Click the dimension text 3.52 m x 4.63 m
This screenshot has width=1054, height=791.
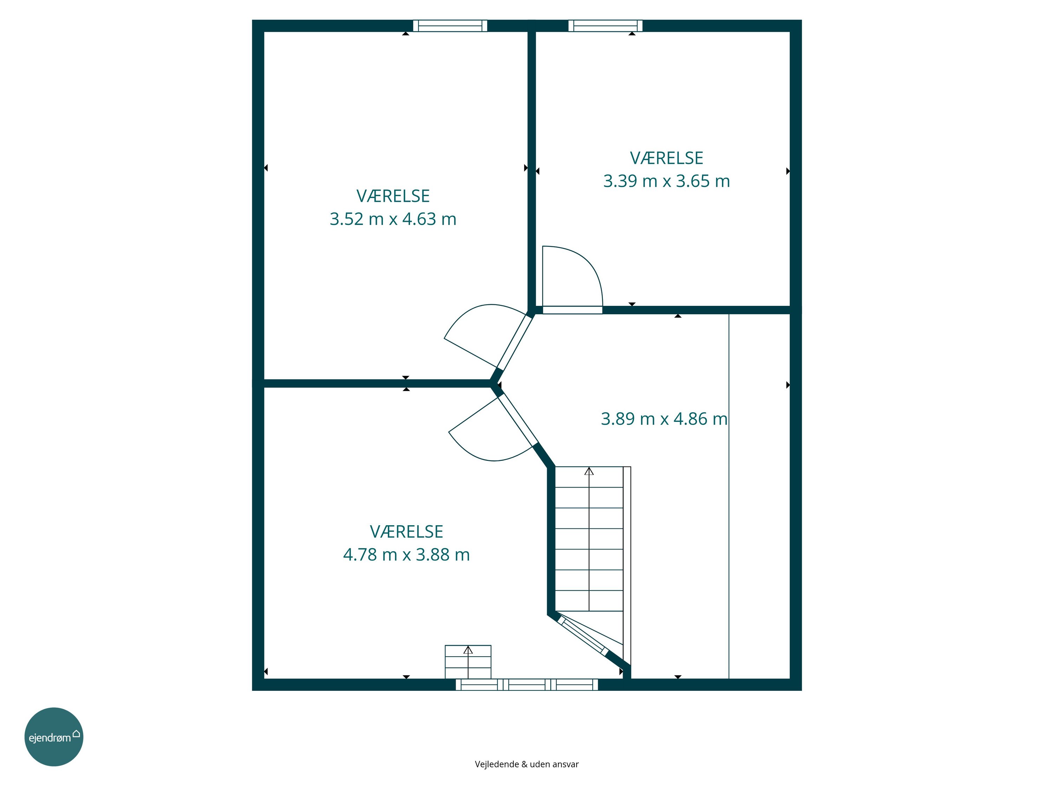tap(393, 219)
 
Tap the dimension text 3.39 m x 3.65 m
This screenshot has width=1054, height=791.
tap(666, 181)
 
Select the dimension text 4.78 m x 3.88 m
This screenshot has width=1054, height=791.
tap(406, 554)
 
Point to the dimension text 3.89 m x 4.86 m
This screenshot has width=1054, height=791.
tap(664, 419)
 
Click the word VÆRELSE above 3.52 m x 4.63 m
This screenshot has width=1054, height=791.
tap(393, 196)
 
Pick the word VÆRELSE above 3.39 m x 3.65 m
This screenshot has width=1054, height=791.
tap(666, 158)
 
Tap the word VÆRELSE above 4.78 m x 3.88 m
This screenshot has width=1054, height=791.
tap(406, 531)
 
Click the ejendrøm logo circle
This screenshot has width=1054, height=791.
tap(54, 737)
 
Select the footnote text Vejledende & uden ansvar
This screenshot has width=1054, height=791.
tap(527, 764)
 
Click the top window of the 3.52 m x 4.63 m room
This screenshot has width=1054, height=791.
tap(450, 26)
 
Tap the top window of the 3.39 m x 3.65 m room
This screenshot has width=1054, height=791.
tap(605, 26)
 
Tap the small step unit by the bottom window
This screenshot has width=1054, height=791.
tap(468, 662)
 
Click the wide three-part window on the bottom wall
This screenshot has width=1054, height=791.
tap(527, 685)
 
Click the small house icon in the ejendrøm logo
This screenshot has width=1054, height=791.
tap(76, 733)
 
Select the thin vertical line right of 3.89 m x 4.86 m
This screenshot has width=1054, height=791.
tap(729, 496)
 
